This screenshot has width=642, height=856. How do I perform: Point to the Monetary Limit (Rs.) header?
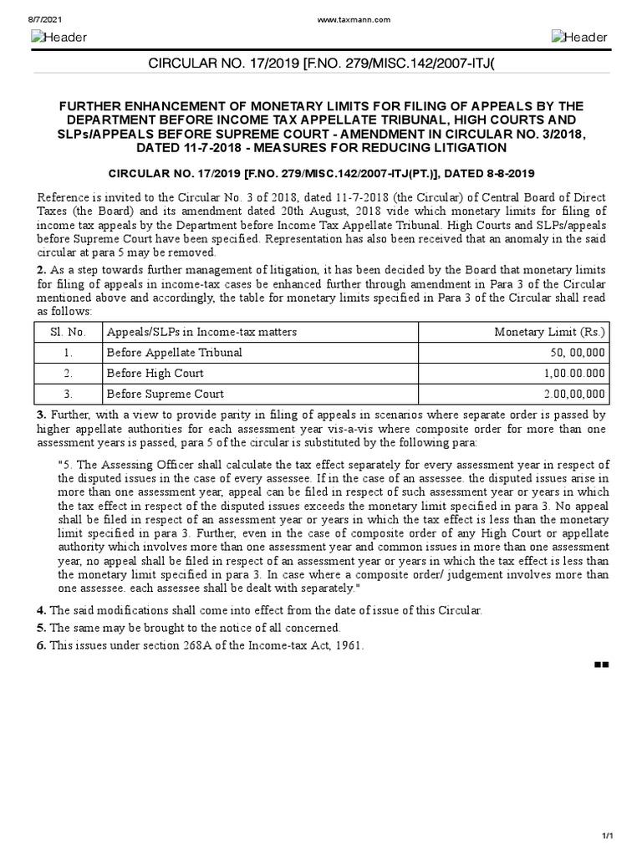pos(550,332)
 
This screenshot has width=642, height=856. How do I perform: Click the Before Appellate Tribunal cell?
pos(174,353)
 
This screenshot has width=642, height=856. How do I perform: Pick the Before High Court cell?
pos(155,373)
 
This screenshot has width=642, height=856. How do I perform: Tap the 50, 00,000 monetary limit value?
pos(578,353)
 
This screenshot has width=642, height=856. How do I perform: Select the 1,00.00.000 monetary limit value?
pos(574,373)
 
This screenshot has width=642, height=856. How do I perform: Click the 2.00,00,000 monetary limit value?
pos(574,394)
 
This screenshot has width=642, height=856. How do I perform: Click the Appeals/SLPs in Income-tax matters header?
pos(201,332)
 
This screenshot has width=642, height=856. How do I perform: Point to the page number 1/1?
pos(608,837)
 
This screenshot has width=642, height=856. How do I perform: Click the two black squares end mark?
pos(600,665)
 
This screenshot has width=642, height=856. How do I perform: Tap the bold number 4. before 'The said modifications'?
pos(40,610)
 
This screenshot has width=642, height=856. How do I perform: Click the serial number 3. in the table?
pos(68,394)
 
